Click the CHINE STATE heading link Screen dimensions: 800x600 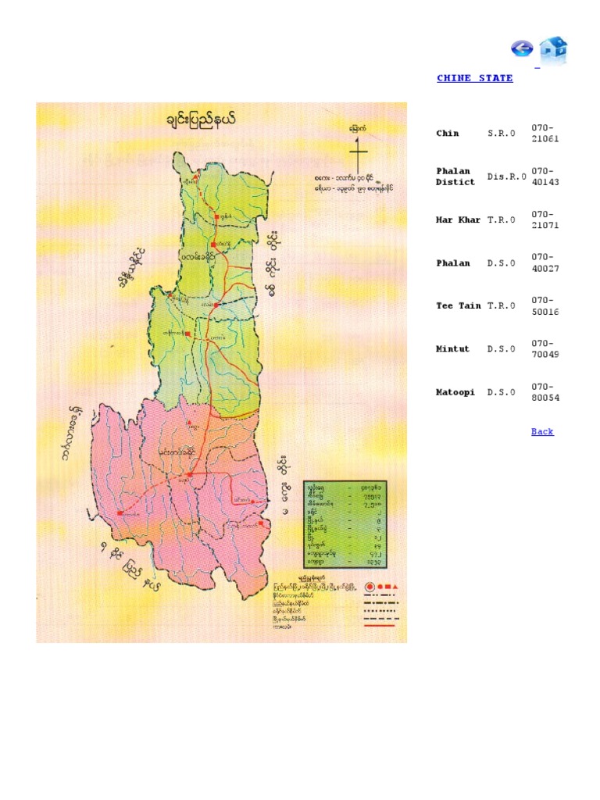click(474, 78)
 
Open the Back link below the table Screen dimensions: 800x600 click(542, 431)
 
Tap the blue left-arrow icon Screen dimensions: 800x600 click(521, 48)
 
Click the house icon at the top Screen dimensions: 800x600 click(553, 50)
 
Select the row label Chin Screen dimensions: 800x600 click(448, 134)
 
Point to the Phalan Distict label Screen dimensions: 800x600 click(455, 177)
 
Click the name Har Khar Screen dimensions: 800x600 click(459, 220)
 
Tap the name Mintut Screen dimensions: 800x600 click(453, 349)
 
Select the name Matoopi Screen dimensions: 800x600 click(455, 392)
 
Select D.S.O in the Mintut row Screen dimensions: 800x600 click(502, 349)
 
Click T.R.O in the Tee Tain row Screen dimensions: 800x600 click(502, 306)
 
